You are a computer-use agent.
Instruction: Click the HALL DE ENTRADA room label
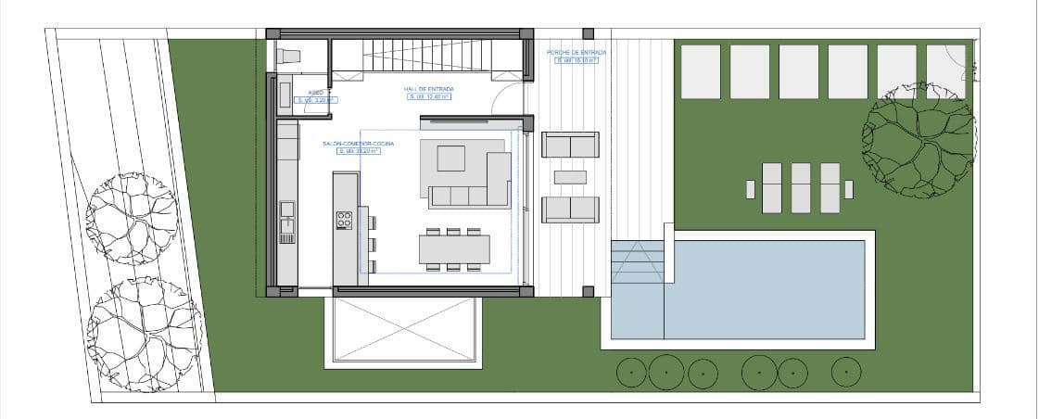(x=428, y=89)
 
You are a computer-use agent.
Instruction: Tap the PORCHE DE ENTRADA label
(x=576, y=53)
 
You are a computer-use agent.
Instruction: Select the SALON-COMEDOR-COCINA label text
(x=359, y=145)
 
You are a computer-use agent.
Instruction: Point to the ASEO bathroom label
(x=315, y=93)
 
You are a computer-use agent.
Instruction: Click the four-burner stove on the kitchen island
(x=344, y=220)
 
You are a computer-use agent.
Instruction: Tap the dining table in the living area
(x=454, y=249)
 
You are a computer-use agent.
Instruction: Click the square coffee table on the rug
(x=451, y=158)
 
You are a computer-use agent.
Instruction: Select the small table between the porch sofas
(x=570, y=177)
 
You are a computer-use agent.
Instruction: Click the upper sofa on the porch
(x=570, y=146)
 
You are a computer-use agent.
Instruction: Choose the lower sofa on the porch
(x=570, y=209)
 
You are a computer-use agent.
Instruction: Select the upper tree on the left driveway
(x=131, y=218)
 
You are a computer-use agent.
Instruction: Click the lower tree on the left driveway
(x=144, y=321)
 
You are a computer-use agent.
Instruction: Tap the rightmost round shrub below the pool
(x=846, y=372)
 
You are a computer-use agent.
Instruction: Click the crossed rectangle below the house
(x=404, y=330)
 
